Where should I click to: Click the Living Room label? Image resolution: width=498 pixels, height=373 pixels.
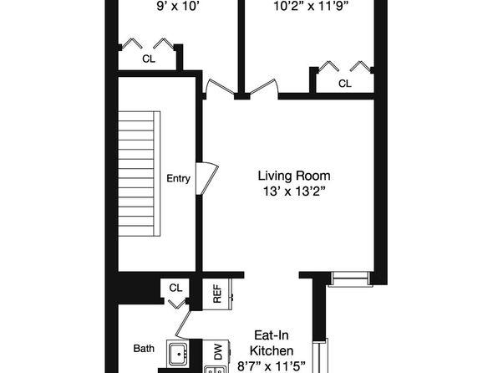click(294, 176)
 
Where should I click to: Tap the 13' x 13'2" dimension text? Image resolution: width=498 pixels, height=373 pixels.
click(294, 192)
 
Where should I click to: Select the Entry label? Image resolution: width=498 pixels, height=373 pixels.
click(178, 178)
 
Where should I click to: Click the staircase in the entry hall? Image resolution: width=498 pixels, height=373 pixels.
click(139, 174)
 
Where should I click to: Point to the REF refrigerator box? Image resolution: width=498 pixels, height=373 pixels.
click(217, 294)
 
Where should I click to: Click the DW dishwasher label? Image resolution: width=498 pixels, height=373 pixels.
click(218, 352)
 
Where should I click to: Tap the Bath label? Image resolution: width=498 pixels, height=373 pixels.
click(144, 349)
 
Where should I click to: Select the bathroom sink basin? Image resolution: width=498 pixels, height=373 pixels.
click(178, 353)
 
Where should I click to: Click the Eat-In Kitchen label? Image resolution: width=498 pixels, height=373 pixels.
click(272, 343)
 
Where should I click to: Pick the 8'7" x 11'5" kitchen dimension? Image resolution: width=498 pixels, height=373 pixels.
click(272, 366)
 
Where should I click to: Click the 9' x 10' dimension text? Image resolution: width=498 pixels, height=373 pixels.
click(178, 7)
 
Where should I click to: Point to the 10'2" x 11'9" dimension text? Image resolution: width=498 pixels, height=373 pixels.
click(311, 7)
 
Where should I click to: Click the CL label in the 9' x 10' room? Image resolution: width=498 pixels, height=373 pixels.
click(149, 59)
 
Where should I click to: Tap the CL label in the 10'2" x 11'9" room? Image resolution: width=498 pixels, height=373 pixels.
click(345, 84)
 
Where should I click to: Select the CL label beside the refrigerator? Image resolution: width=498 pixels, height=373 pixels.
click(175, 288)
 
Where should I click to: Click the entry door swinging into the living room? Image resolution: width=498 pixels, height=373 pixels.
click(207, 178)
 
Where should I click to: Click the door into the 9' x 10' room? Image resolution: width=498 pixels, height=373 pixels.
click(221, 86)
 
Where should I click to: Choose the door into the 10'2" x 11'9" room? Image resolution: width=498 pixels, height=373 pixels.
click(263, 86)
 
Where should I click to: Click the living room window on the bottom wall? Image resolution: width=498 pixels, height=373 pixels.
click(350, 278)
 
